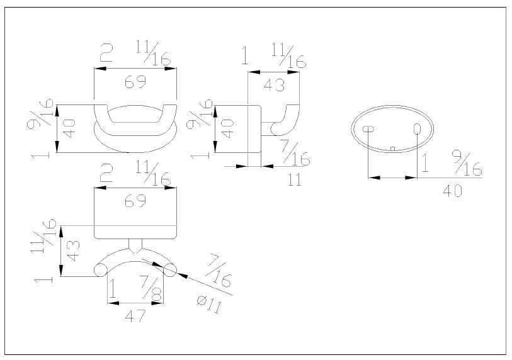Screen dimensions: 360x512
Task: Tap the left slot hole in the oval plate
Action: (368, 128)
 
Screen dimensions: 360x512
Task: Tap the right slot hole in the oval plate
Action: (417, 128)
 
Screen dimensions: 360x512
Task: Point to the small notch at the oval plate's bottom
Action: (392, 149)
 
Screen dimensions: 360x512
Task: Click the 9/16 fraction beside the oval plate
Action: (465, 165)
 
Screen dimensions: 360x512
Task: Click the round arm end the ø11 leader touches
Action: (170, 270)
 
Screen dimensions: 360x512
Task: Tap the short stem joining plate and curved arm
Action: (135, 245)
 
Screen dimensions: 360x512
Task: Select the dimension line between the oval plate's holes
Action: (392, 177)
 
